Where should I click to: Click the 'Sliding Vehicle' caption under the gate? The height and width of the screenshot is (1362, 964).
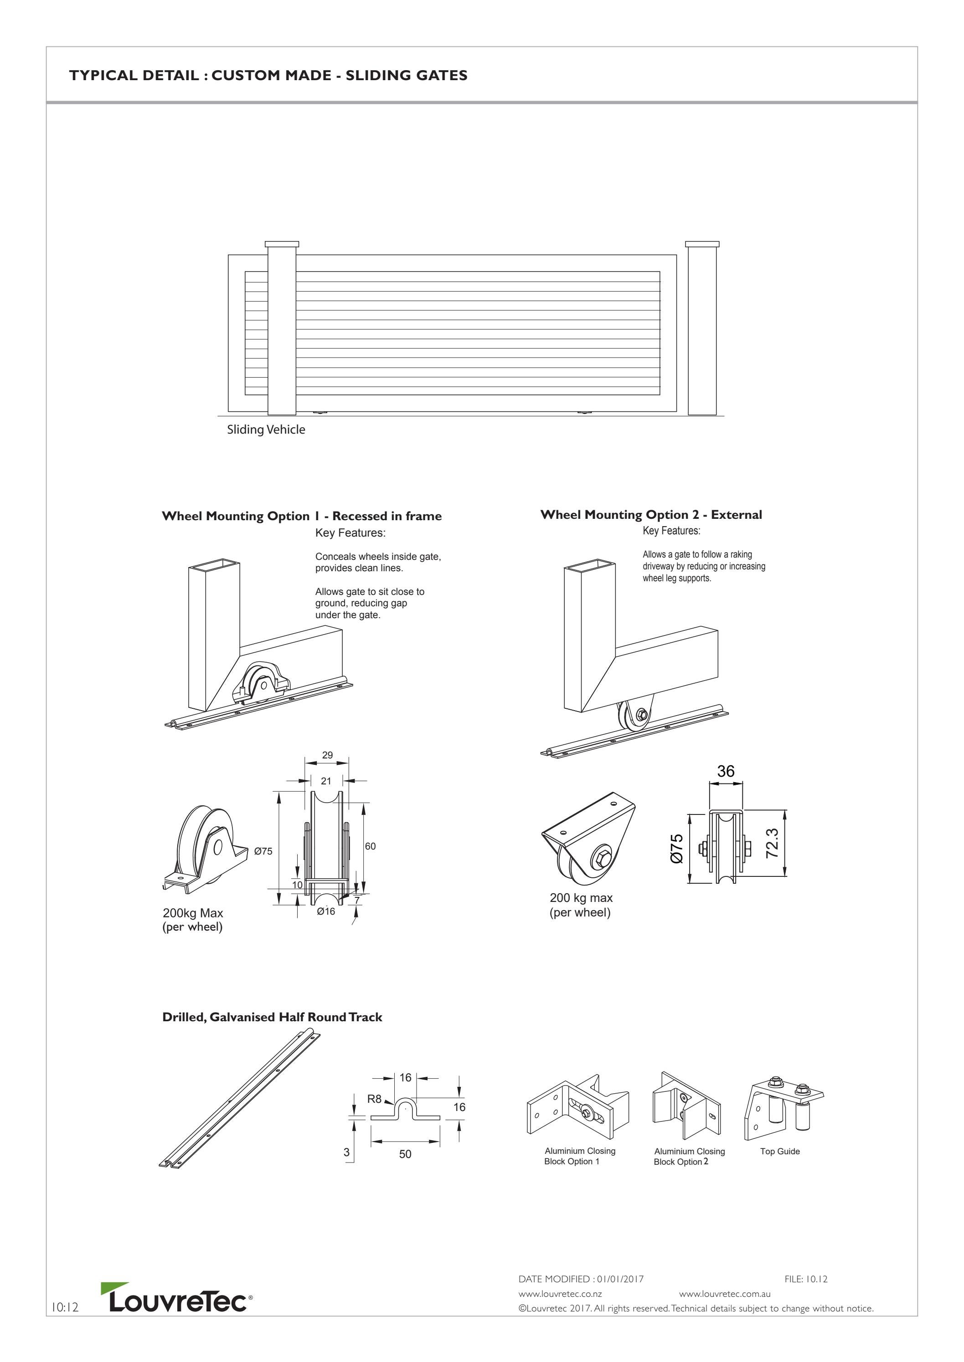[266, 430]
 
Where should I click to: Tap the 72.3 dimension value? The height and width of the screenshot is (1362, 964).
[772, 843]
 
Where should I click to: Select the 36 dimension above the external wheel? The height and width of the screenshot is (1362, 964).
[725, 771]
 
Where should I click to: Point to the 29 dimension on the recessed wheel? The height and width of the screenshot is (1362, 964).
[327, 755]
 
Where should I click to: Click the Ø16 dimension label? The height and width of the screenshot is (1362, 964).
[325, 911]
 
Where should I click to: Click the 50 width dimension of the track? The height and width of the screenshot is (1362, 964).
[405, 1154]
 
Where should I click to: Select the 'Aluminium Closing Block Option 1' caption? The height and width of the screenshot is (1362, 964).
[579, 1156]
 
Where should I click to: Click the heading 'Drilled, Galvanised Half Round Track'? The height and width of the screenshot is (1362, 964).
[272, 1017]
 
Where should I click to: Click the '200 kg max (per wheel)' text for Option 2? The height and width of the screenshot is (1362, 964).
[581, 905]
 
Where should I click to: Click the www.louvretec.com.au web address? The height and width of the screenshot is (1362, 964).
[724, 1294]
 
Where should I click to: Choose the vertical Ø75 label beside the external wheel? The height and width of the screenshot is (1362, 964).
[677, 848]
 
